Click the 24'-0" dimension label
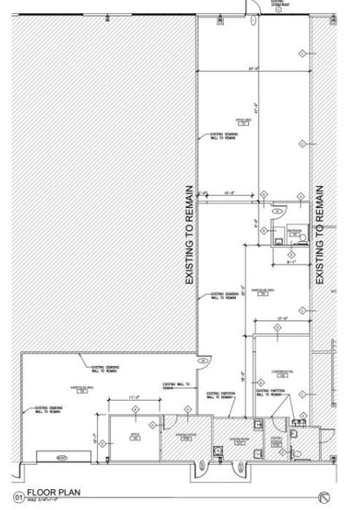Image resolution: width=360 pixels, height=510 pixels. (253, 68)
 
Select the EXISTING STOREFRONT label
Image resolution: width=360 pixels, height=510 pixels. (281, 4)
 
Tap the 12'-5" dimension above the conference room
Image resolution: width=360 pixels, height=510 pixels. (281, 320)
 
